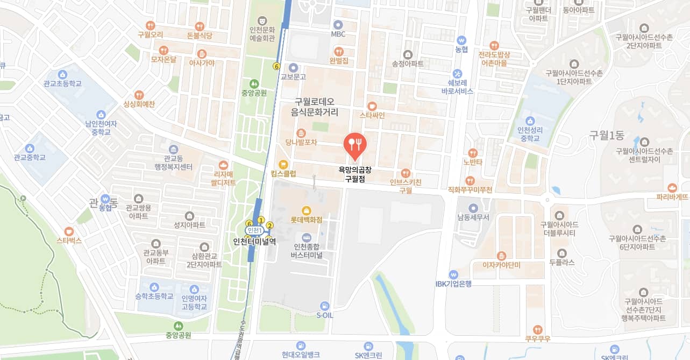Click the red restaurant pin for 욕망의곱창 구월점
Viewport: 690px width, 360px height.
(355, 144)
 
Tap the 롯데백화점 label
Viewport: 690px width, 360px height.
(306, 220)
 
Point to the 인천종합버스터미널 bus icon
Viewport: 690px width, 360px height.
(307, 238)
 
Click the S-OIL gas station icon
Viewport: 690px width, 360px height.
(324, 305)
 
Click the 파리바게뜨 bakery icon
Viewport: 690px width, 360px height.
(672, 187)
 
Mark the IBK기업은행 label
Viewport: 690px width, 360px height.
(453, 284)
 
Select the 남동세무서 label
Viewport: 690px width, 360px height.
(473, 217)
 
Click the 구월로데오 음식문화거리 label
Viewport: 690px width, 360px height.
(315, 107)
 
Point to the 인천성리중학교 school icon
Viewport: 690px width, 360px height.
(530, 121)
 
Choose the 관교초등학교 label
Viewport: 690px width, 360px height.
(63, 84)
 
